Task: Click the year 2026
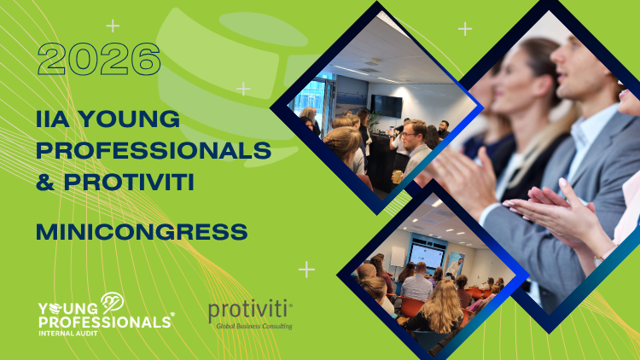[x=99, y=61]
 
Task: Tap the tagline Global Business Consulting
[x=253, y=326]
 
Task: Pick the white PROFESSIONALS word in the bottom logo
[x=104, y=322]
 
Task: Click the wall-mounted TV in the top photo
[x=387, y=105]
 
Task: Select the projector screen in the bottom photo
[x=427, y=255]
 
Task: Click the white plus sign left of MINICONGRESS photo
[x=306, y=270]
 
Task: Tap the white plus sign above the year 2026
[x=113, y=26]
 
